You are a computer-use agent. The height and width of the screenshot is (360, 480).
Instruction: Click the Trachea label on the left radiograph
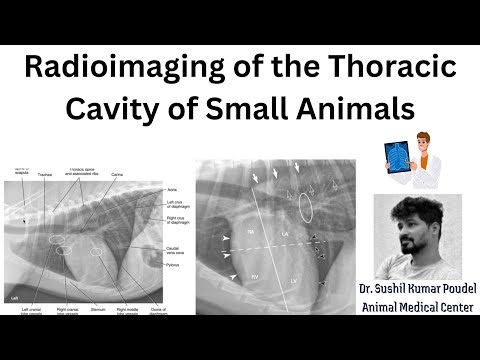coord(44,173)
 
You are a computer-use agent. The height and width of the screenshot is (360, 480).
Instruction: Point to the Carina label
coord(118,174)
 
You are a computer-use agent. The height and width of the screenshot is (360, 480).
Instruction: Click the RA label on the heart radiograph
coord(253,231)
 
